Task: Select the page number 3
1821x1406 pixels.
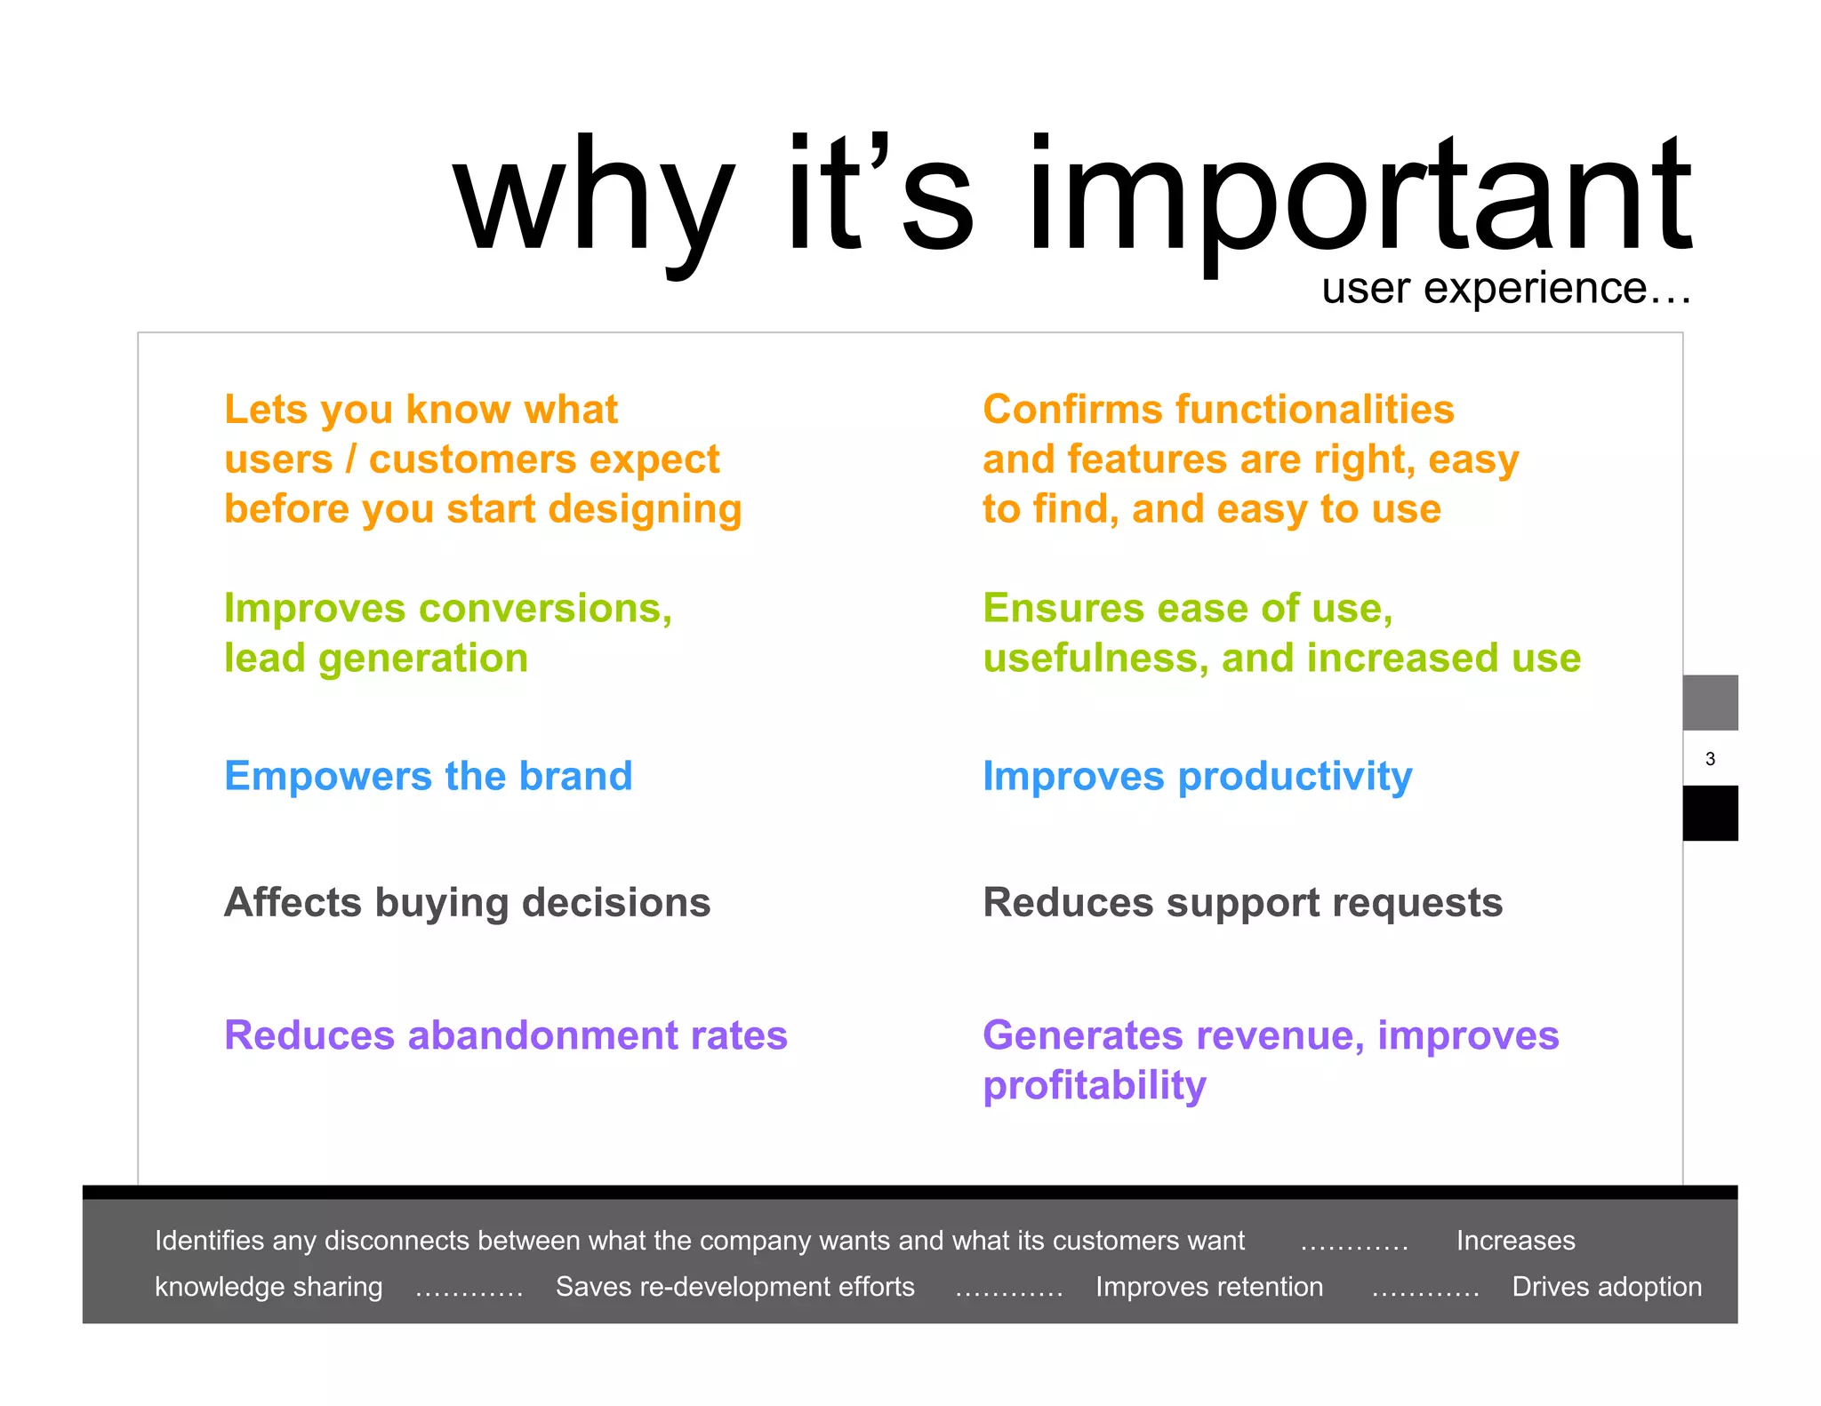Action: click(x=1710, y=759)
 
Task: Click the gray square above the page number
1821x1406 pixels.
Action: click(x=1710, y=702)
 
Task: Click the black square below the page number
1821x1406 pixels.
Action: click(x=1710, y=812)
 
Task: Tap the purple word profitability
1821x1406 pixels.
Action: click(x=1094, y=1086)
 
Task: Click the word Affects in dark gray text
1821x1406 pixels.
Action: click(x=293, y=903)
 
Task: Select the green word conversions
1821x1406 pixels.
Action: click(x=545, y=609)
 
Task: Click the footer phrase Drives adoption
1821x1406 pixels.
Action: click(x=1606, y=1287)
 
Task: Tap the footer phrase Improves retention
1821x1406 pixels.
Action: click(x=1208, y=1287)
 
